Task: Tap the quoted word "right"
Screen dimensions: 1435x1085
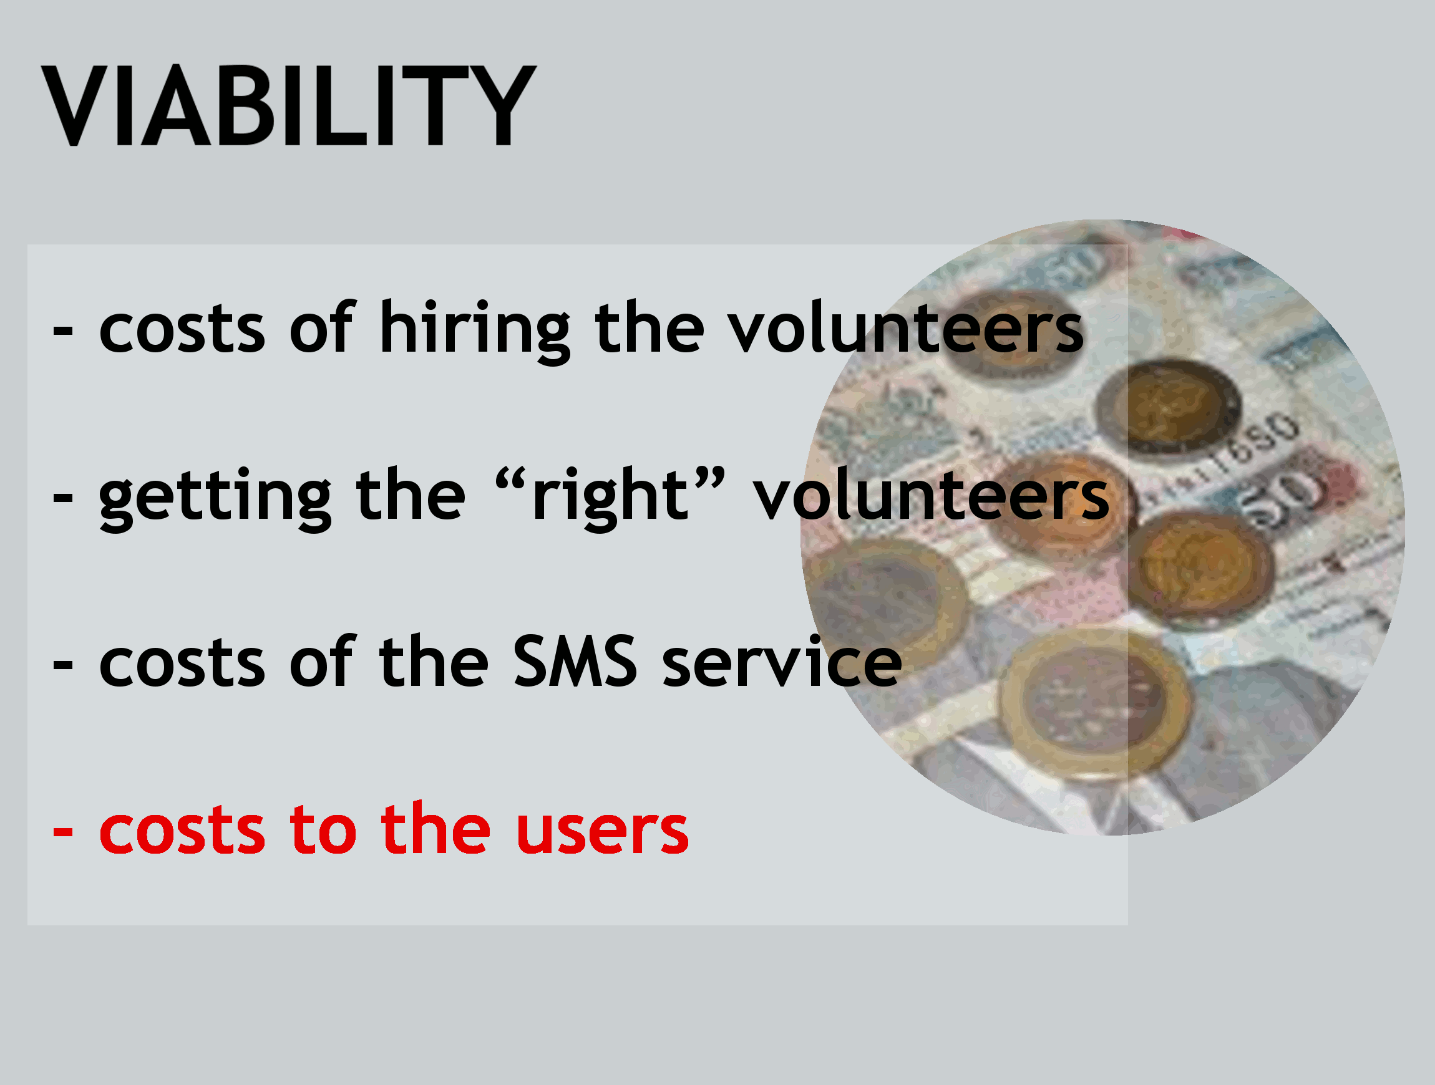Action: [609, 497]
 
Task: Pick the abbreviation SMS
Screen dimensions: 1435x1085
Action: [575, 661]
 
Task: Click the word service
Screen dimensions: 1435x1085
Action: [782, 661]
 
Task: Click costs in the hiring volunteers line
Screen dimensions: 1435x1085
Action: [182, 328]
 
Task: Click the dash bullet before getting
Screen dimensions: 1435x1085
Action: [62, 498]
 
